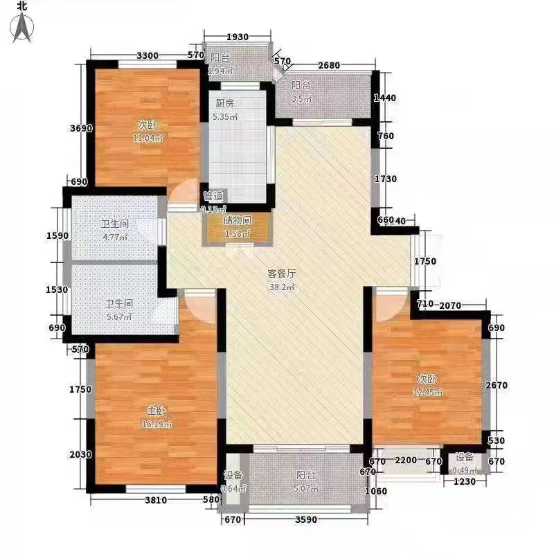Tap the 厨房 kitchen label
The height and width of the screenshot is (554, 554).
pos(225,103)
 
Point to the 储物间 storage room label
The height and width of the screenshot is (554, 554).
pos(236,220)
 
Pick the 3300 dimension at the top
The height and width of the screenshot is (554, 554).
pos(148,55)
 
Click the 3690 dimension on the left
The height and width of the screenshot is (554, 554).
pos(79,128)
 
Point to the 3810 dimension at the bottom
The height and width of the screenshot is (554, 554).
pos(157,500)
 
